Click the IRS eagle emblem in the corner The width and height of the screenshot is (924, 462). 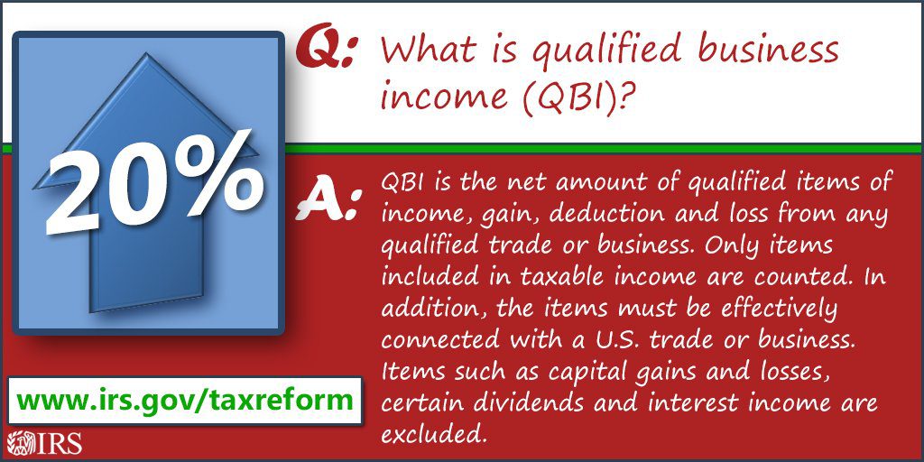17,443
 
